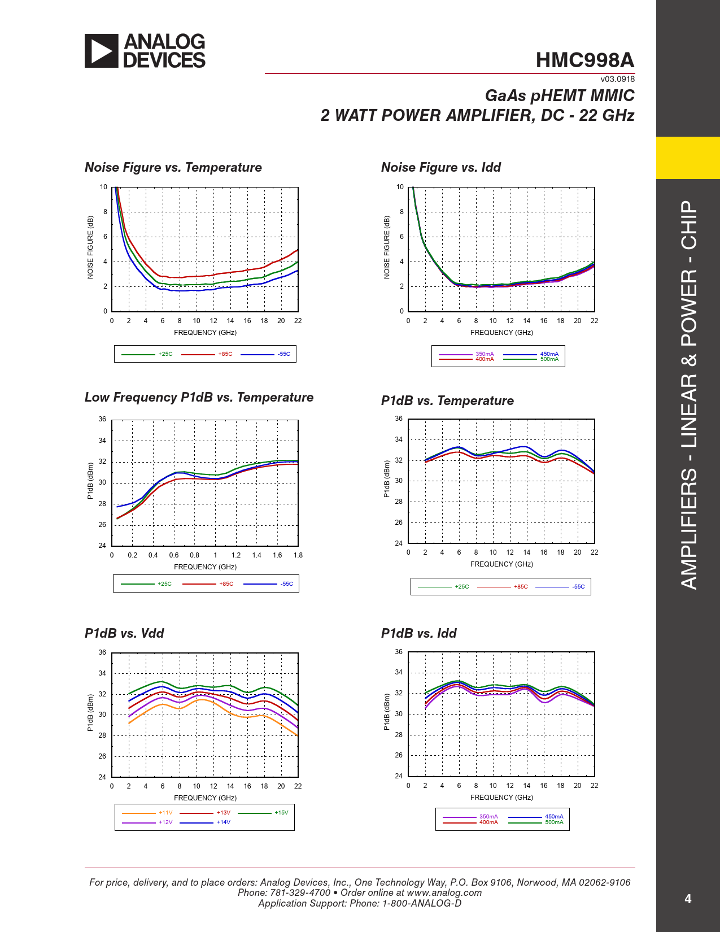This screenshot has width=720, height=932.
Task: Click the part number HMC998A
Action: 585,60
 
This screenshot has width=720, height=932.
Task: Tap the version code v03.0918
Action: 617,79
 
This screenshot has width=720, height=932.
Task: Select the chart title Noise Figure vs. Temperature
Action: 173,167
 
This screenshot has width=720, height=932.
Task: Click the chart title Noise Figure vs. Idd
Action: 441,167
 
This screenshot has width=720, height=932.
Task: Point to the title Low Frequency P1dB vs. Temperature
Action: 199,397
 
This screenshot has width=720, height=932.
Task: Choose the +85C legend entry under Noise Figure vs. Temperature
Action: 225,354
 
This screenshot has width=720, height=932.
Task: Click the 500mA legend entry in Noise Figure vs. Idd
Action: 549,359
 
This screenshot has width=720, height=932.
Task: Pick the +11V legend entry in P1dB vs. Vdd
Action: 165,813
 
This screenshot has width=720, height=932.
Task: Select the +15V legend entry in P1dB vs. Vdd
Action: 281,813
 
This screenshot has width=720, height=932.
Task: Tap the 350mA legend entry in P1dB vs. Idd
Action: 488,817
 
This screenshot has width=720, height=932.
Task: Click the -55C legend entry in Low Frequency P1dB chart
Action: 287,584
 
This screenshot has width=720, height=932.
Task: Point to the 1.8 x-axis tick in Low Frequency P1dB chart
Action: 298,555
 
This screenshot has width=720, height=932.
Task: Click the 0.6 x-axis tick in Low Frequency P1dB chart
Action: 174,555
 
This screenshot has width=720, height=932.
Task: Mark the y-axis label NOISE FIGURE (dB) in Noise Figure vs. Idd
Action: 387,247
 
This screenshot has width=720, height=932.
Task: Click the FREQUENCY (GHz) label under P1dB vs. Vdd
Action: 205,798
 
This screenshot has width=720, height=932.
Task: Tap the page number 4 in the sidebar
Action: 688,899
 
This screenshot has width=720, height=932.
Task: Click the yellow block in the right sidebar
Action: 688,158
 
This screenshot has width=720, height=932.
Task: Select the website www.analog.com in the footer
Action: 444,892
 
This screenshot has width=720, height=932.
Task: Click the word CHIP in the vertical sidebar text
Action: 689,225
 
